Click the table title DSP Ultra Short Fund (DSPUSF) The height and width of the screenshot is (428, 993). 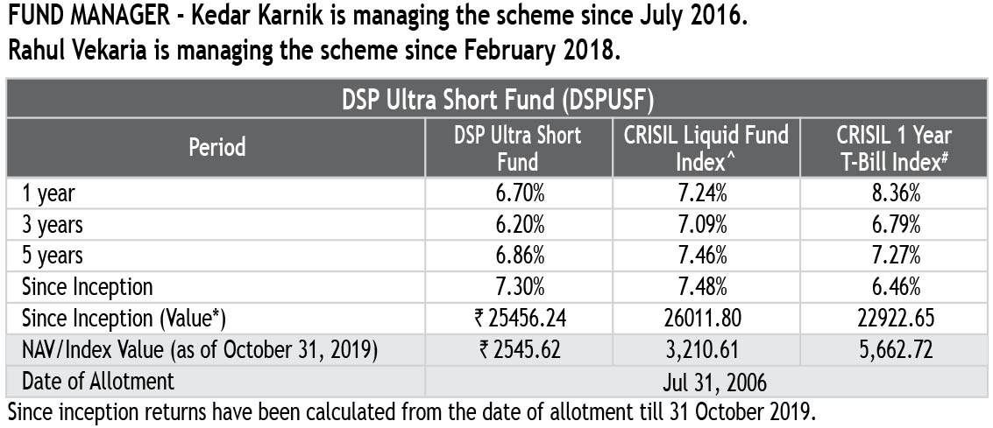pyautogui.click(x=496, y=99)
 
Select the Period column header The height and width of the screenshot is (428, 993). pyautogui.click(x=216, y=146)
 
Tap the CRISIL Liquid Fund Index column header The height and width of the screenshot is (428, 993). pyautogui.click(x=706, y=146)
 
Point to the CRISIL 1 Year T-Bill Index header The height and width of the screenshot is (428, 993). pyautogui.click(x=894, y=146)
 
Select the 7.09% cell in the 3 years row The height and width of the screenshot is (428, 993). pyautogui.click(x=706, y=225)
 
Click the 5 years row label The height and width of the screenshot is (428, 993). pyautogui.click(x=53, y=256)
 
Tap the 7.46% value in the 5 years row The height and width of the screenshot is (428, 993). pyautogui.click(x=706, y=256)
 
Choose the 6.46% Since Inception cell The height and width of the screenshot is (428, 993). pyautogui.click(x=894, y=286)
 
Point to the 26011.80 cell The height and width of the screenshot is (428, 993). pyautogui.click(x=706, y=318)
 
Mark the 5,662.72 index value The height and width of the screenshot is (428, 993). pyautogui.click(x=894, y=349)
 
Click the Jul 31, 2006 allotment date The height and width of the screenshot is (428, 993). pyautogui.click(x=706, y=381)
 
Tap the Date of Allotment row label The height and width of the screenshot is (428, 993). pyautogui.click(x=98, y=381)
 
